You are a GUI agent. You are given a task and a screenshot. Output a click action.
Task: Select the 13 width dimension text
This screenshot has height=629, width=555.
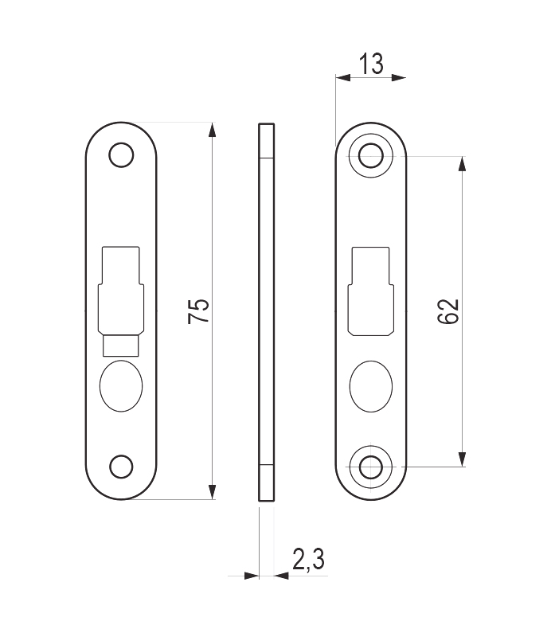pos(370,64)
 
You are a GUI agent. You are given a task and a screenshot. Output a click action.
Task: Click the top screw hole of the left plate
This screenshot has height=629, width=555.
pos(120,154)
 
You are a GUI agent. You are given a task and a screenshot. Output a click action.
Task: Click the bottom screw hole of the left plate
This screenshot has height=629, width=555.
pos(120,467)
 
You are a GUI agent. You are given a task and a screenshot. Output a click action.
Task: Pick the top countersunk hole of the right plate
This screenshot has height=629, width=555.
pos(371,155)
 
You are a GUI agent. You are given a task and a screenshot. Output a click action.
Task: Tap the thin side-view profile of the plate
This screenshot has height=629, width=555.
pos(266,311)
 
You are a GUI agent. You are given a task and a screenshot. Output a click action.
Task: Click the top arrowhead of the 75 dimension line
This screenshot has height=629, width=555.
pos(212,130)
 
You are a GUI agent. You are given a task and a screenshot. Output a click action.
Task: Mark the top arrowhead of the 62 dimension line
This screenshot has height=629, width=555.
pos(462,163)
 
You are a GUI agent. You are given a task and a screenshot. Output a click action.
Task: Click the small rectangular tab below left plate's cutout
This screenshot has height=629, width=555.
pos(120,345)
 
